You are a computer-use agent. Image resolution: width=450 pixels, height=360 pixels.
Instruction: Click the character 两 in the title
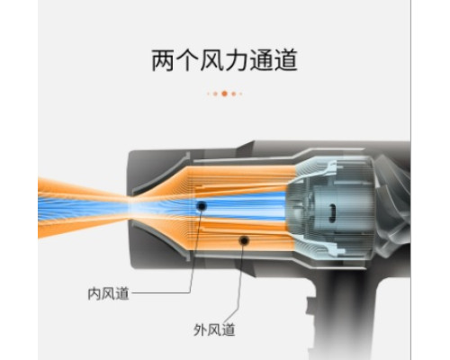click(163, 60)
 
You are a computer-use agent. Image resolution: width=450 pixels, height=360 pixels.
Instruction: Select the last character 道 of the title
click(286, 60)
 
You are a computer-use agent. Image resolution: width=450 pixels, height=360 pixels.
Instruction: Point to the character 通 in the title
click(261, 60)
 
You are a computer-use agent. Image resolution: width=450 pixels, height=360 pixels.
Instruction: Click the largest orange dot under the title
click(224, 94)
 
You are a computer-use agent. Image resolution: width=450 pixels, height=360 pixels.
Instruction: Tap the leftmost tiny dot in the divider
click(208, 94)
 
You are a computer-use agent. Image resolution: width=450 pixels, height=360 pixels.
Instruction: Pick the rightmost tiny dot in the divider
click(241, 94)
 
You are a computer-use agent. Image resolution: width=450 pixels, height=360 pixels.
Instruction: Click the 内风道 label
click(108, 293)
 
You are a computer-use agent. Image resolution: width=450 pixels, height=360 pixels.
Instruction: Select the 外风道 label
click(214, 329)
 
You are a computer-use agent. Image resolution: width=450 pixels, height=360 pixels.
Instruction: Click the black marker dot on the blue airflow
click(202, 206)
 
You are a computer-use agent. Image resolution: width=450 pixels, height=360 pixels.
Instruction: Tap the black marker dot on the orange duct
click(244, 240)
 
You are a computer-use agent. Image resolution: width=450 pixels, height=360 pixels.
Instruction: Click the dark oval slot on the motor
click(332, 213)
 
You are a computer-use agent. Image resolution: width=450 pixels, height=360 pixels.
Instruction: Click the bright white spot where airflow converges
click(133, 207)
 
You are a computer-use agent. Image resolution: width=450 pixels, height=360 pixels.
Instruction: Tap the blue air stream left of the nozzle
click(83, 206)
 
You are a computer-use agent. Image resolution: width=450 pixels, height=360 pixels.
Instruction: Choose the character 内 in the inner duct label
click(94, 293)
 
